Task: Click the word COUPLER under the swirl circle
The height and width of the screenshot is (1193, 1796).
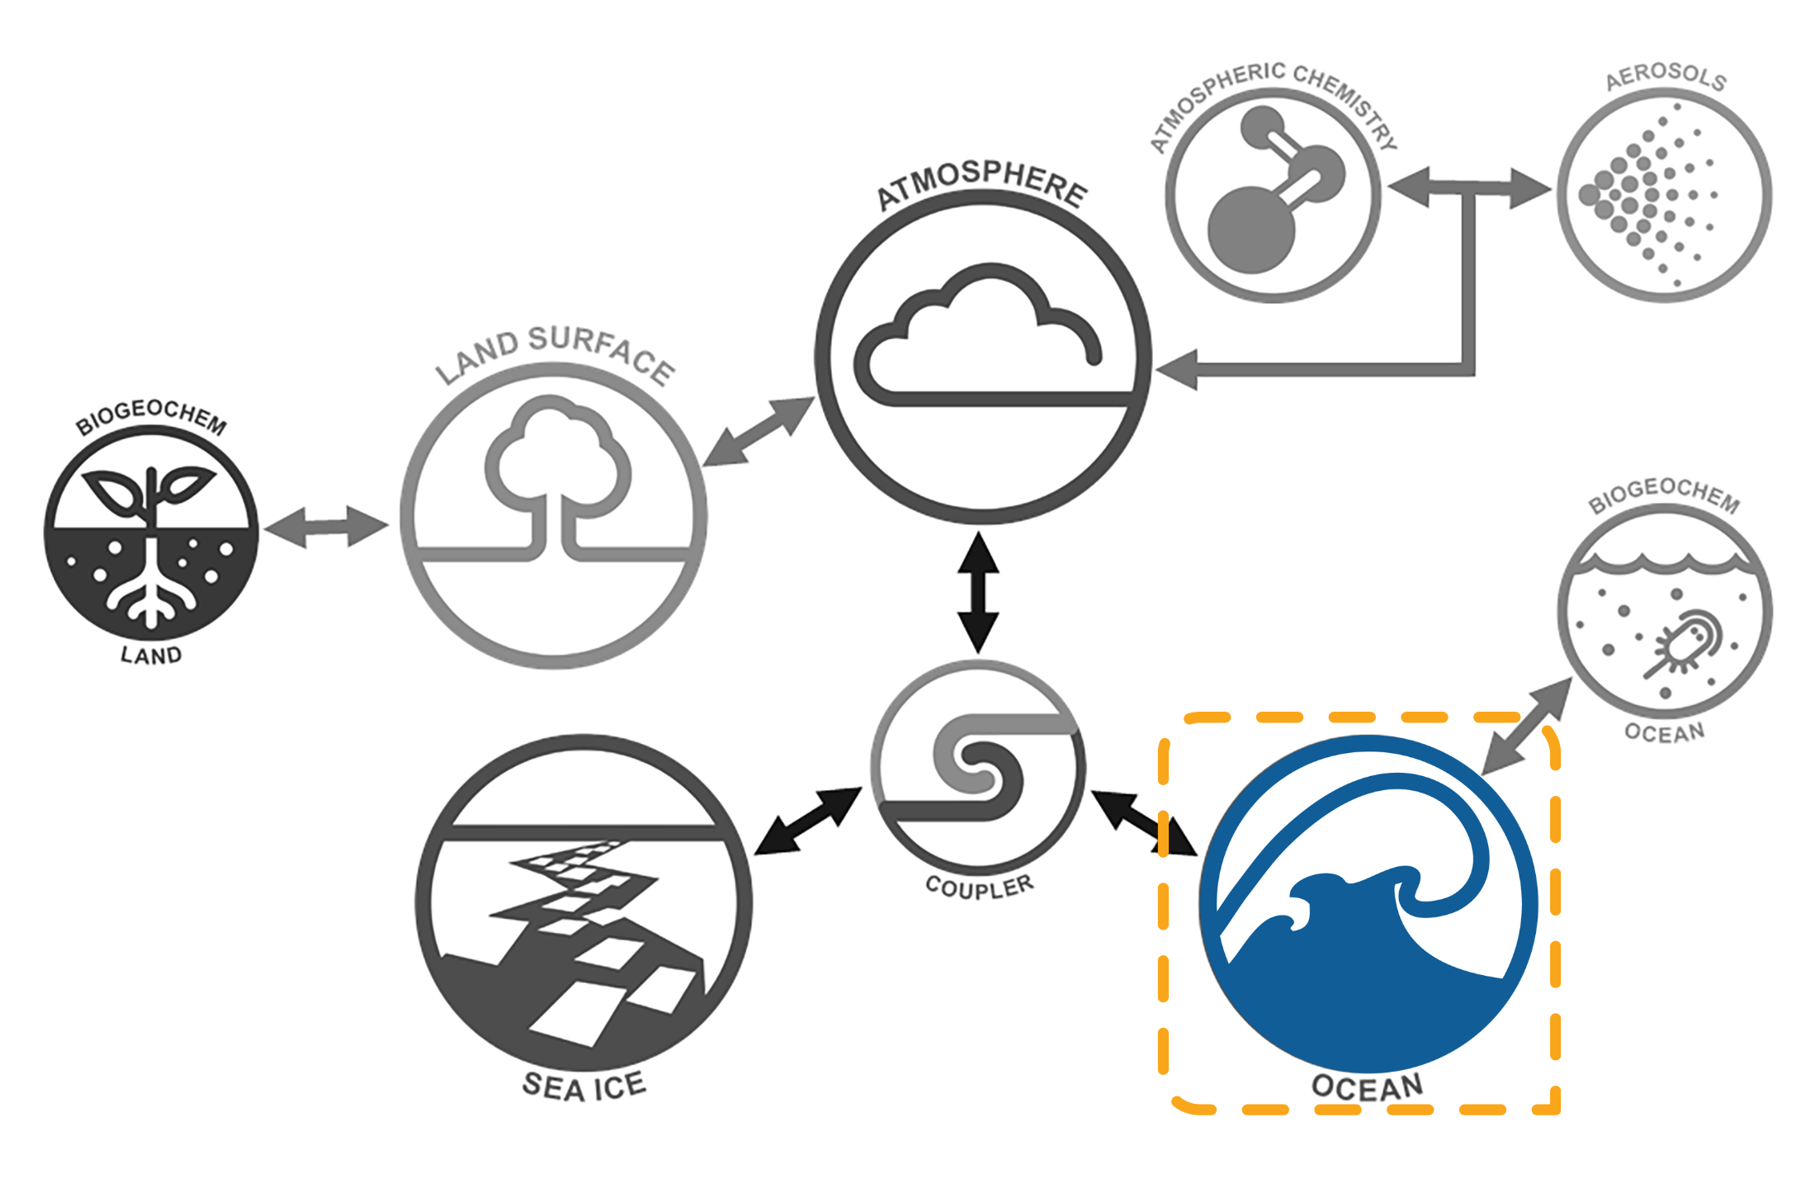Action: click(x=980, y=887)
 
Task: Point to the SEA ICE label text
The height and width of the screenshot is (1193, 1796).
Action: click(x=584, y=1086)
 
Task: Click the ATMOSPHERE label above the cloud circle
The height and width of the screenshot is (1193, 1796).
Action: click(x=982, y=185)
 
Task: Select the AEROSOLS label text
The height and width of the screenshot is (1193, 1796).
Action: click(x=1666, y=77)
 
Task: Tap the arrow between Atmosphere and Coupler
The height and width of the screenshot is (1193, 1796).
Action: click(x=979, y=593)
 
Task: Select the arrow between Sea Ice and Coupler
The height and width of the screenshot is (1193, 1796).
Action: click(x=809, y=821)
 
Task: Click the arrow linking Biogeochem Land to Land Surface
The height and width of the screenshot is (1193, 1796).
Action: click(x=327, y=527)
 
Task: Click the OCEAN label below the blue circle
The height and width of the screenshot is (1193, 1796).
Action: click(x=1368, y=1086)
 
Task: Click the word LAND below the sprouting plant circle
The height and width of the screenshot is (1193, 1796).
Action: click(x=151, y=656)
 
